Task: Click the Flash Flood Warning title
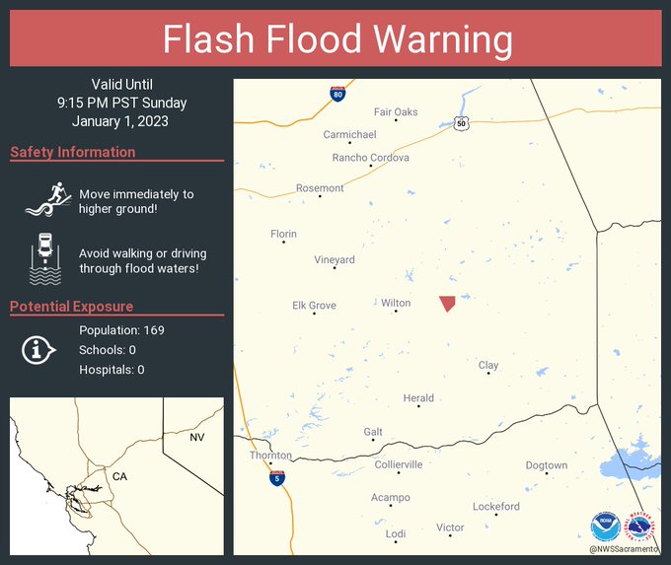tap(336, 40)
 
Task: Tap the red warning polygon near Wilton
tap(448, 303)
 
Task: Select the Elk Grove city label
tap(314, 306)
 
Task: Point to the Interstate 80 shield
tap(337, 95)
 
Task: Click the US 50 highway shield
tap(461, 123)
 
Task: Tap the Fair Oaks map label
tap(396, 112)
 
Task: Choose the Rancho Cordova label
tap(370, 158)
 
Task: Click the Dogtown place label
tap(546, 465)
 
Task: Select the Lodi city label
tap(395, 533)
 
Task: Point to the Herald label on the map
tap(418, 398)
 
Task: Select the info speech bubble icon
tap(38, 349)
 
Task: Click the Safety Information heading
tap(73, 152)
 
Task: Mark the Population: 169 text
tap(121, 329)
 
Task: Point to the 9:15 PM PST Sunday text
tap(121, 103)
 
